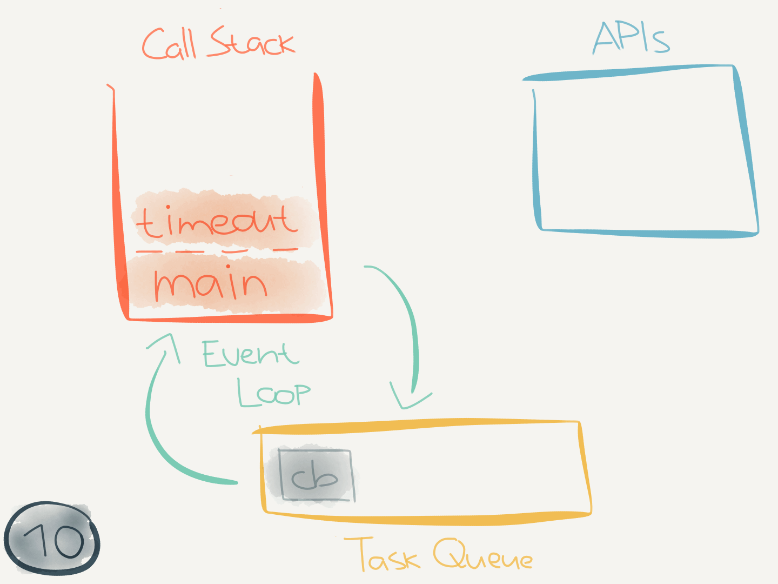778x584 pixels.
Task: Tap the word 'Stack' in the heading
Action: point(252,42)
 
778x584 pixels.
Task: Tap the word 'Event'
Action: point(250,354)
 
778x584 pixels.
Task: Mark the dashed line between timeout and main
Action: point(216,251)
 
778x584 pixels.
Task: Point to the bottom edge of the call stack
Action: point(230,318)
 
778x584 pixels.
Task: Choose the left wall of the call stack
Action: point(117,205)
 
